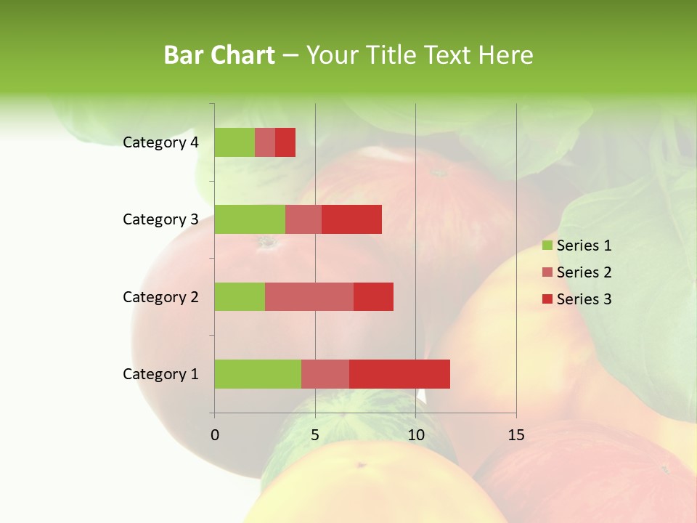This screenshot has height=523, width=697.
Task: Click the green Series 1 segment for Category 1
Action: pos(258,374)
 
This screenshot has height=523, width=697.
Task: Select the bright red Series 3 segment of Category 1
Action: pos(399,374)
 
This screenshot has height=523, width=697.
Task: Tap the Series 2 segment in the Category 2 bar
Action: pos(309,296)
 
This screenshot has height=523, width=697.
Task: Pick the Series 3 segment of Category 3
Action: pos(351,219)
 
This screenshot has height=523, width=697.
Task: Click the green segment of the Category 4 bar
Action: pos(235,142)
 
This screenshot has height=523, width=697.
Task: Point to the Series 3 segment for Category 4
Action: pos(285,142)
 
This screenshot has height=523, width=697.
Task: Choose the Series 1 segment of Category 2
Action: pos(240,296)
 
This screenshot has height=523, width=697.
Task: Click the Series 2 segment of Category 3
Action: pos(303,219)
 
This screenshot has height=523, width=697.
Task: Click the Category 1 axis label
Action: pos(160,374)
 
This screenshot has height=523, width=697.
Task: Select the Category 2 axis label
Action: pos(160,296)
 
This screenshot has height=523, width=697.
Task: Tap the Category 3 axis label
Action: pos(160,219)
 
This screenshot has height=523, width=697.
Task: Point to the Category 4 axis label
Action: pos(160,142)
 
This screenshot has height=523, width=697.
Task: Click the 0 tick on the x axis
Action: pos(215,435)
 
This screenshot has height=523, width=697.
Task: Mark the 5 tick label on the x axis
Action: pos(315,435)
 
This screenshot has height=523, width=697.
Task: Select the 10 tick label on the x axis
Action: pos(415,435)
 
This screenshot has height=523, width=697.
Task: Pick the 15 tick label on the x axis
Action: pos(515,435)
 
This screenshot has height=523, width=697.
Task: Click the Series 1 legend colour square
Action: pos(547,246)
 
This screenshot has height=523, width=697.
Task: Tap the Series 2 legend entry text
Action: pos(584,272)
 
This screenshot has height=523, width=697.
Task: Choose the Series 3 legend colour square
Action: pos(547,299)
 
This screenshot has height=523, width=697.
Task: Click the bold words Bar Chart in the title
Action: pos(219,55)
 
